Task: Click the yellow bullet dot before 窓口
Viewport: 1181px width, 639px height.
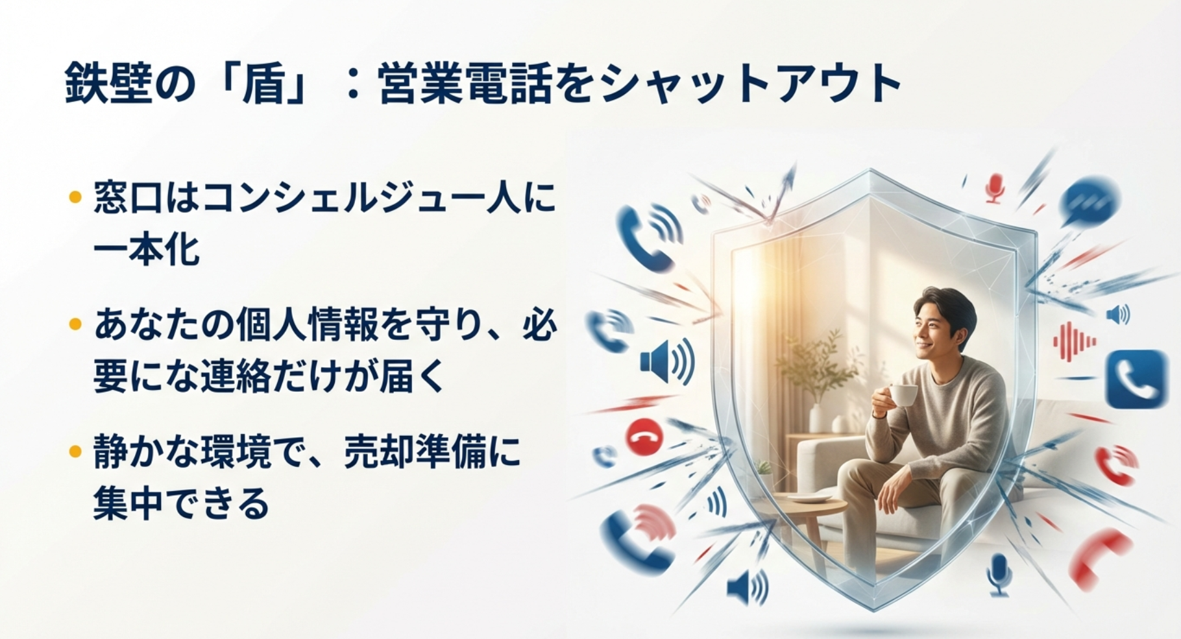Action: [75, 195]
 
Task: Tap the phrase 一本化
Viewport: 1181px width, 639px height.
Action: [146, 248]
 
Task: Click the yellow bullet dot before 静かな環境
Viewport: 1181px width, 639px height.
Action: [75, 451]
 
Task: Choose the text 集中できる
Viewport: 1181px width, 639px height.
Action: [181, 503]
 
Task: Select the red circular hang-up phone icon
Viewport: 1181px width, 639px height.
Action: [644, 437]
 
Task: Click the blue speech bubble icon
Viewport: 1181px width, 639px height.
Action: [1090, 199]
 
